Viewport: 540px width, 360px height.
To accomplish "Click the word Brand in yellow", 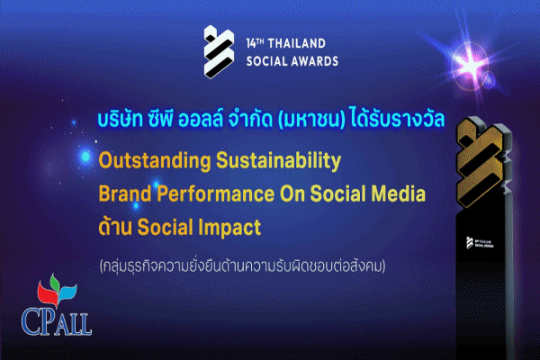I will [123, 194].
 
